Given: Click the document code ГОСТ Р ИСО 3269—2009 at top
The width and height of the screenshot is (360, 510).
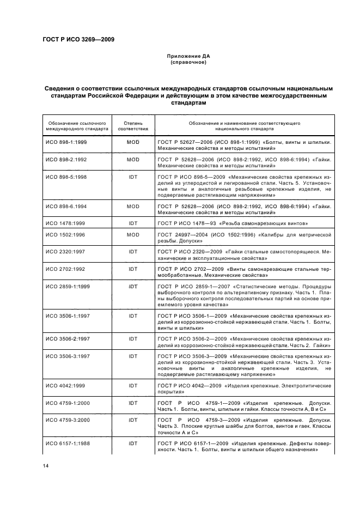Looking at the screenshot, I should [x=78, y=39].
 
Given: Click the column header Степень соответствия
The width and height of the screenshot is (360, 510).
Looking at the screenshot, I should [x=133, y=126].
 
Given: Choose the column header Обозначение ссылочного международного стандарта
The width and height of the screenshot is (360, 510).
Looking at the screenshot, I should [x=77, y=126].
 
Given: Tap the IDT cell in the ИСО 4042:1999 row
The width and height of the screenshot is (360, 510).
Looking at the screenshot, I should [x=133, y=386].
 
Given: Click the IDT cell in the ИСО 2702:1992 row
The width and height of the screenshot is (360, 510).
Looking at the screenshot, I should [x=133, y=269].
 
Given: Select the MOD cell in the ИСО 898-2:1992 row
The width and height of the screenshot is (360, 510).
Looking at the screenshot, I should [x=133, y=160].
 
